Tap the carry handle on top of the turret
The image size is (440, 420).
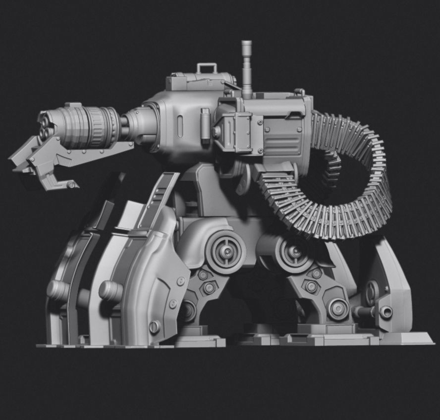[207, 67]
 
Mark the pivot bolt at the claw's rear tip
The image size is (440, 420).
[71, 185]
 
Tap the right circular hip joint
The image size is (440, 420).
[294, 253]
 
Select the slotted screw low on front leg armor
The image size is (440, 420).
[155, 326]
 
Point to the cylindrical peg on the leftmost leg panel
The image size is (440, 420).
[58, 290]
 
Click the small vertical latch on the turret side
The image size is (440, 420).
[204, 119]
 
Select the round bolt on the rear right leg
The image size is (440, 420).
[386, 312]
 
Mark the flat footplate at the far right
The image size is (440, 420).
[406, 339]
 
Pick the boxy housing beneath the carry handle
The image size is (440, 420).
[198, 81]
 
